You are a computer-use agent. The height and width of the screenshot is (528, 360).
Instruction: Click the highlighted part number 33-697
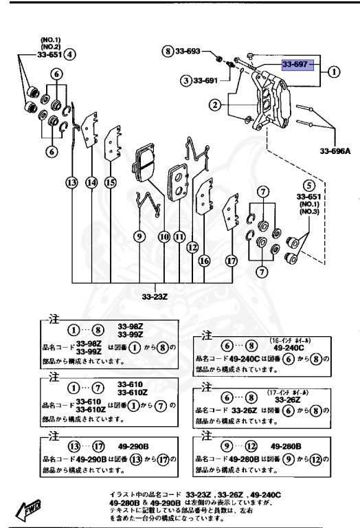coord(297,65)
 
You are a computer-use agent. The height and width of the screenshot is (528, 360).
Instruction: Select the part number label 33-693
coord(187,52)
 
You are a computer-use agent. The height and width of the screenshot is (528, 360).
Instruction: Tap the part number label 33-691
coord(203,80)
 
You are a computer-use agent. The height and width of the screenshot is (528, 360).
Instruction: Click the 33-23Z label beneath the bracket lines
coord(156,297)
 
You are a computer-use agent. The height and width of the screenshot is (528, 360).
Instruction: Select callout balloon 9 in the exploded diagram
coord(139,236)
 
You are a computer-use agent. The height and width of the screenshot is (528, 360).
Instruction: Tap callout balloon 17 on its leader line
coord(232,261)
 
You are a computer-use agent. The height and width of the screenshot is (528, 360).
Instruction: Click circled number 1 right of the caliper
coord(334,71)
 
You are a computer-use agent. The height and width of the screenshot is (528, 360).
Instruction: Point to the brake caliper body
coord(274,103)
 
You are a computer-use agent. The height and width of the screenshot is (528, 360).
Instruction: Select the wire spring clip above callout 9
coord(147,202)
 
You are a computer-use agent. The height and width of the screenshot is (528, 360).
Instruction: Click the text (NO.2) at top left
coord(51,45)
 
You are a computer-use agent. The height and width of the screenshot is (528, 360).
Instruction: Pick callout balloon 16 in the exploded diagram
coord(203,261)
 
